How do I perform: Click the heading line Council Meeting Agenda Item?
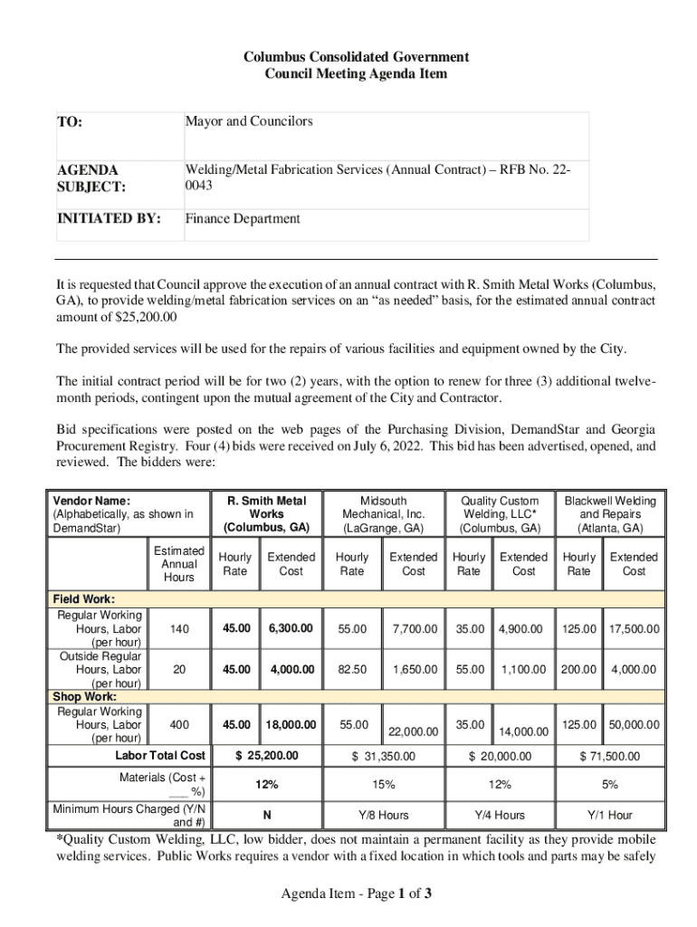tap(356, 73)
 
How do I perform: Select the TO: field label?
tap(70, 122)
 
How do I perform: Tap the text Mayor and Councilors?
tap(249, 121)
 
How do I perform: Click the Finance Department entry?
tap(243, 218)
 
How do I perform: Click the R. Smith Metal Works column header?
tap(266, 514)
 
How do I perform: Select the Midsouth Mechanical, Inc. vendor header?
tap(383, 514)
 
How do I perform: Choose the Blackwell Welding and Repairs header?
tap(610, 514)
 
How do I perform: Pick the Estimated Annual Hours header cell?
tap(179, 563)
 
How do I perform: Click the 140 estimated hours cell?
tap(179, 628)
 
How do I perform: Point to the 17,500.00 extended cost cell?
tap(634, 628)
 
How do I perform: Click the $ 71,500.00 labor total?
tap(609, 756)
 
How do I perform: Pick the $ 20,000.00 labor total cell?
tap(500, 756)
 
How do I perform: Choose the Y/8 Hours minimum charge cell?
tap(383, 815)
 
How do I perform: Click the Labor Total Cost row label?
tap(160, 755)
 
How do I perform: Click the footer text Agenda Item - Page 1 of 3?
tap(356, 894)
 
